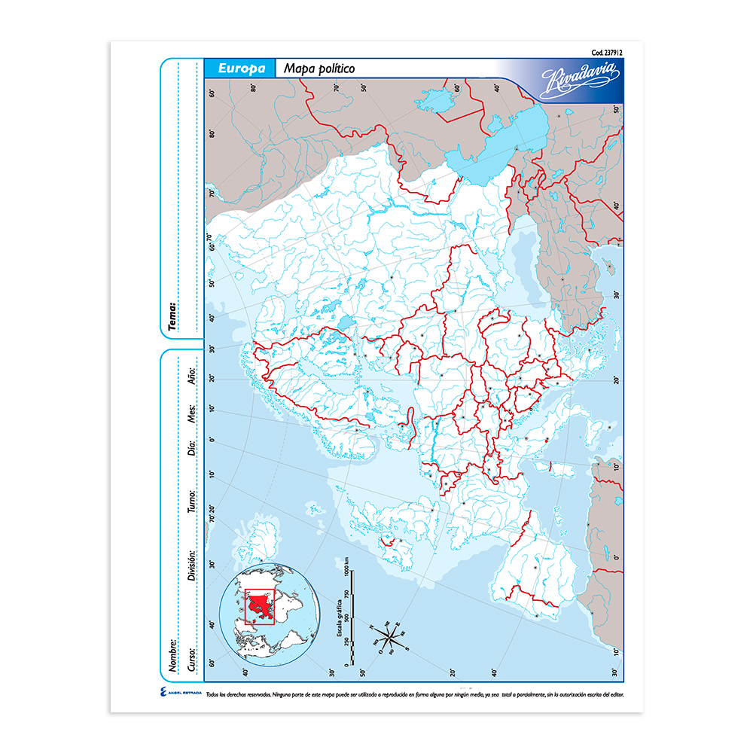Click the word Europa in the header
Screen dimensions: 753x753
(x=242, y=68)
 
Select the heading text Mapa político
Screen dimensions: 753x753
(x=319, y=69)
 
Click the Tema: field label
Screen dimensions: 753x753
(x=172, y=317)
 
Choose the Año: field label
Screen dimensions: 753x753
(x=192, y=375)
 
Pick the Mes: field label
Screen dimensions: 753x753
(x=192, y=413)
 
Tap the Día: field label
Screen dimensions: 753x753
(x=192, y=449)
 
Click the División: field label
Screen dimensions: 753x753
(x=192, y=564)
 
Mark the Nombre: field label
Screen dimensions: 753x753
(x=172, y=656)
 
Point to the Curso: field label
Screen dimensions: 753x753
(x=192, y=657)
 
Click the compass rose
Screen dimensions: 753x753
(x=389, y=639)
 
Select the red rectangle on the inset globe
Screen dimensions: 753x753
(x=262, y=606)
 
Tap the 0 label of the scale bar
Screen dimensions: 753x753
(x=346, y=666)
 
